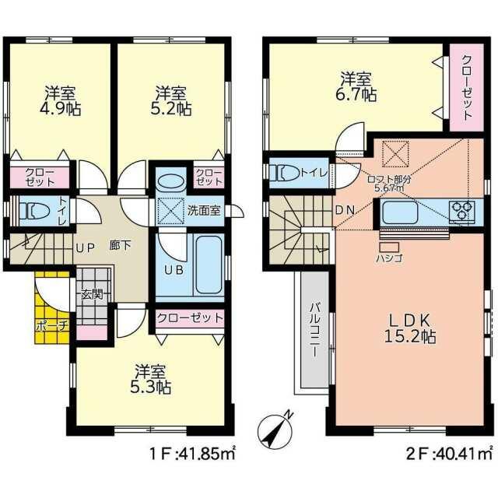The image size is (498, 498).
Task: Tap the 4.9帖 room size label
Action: (60, 101)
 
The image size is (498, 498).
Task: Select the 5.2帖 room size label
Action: (170, 101)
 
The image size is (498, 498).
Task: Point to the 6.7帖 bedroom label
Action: (356, 86)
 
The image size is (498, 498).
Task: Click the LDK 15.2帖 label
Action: (410, 328)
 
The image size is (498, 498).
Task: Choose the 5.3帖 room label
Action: (150, 379)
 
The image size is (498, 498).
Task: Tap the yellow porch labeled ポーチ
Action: (52, 307)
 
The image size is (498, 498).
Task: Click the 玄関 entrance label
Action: (92, 294)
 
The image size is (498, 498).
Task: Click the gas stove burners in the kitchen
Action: (461, 211)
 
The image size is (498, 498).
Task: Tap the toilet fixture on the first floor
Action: (34, 210)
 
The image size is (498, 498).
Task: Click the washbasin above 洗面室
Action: (170, 184)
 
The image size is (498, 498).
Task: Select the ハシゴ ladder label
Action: (389, 258)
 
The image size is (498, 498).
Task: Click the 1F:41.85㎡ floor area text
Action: (192, 454)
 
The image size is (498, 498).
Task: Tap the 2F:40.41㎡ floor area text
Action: (449, 454)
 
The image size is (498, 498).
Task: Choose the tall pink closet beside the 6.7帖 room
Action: (467, 87)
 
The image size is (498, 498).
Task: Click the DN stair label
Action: (345, 210)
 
